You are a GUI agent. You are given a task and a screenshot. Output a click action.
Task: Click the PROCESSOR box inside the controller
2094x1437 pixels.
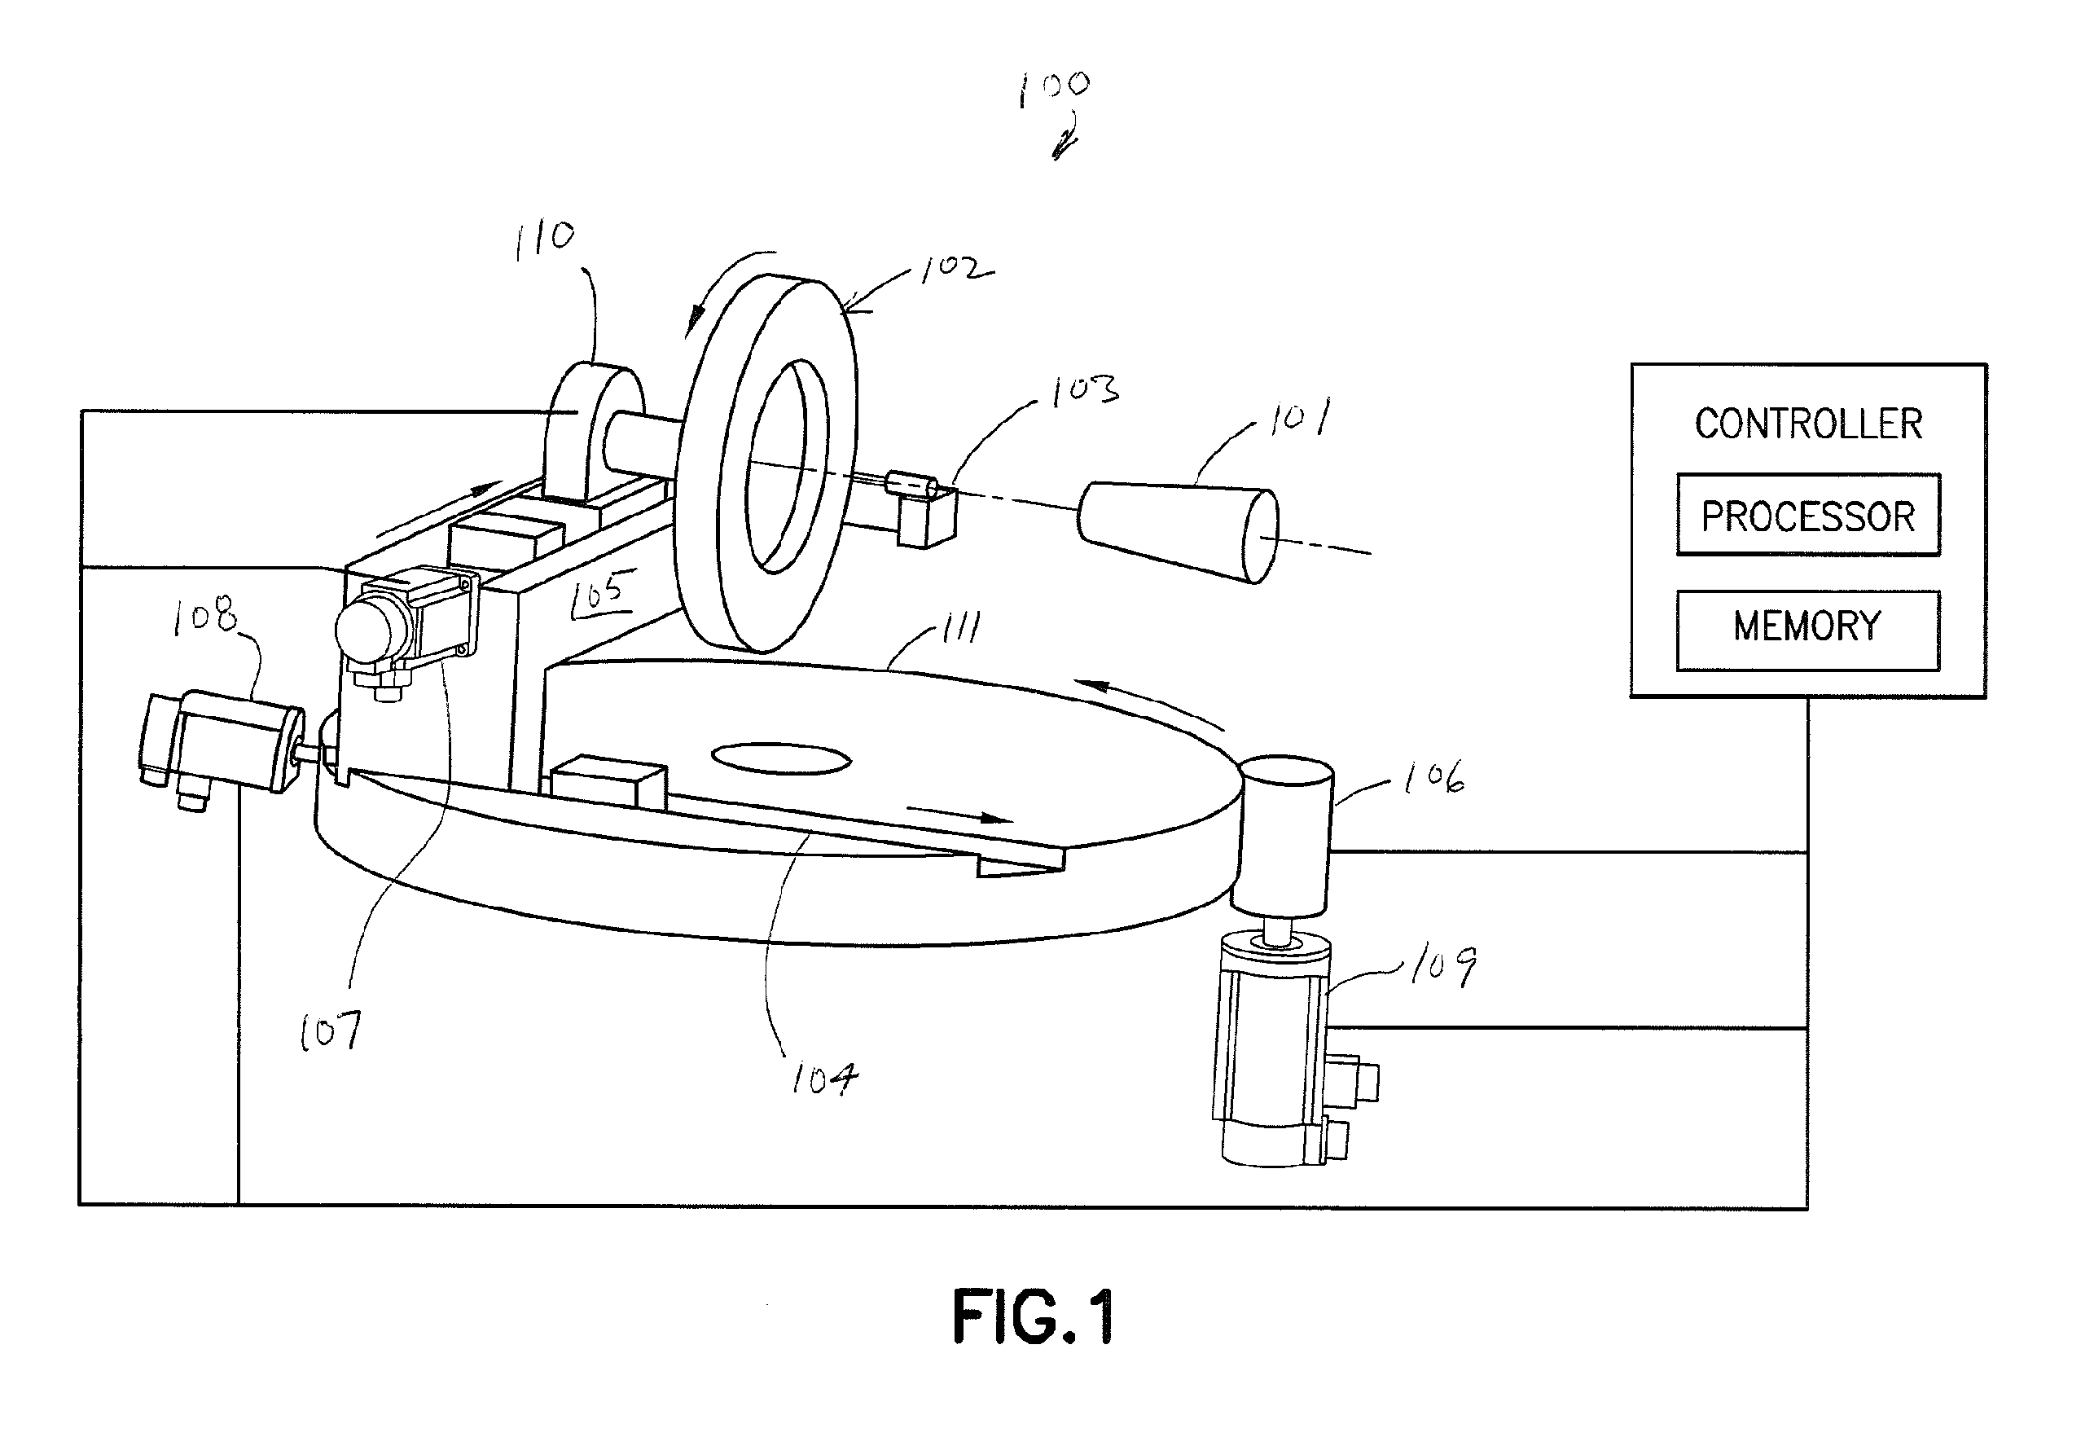[1807, 515]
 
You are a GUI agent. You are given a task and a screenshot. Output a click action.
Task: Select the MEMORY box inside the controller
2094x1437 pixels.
[1807, 630]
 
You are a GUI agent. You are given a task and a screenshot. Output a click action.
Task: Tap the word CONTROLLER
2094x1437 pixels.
[1808, 424]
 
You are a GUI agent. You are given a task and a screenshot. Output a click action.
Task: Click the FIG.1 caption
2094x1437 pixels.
[1034, 1316]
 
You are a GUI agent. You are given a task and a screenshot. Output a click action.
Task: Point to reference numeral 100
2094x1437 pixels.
[1054, 88]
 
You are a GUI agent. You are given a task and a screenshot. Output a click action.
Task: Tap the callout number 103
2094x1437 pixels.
[1085, 389]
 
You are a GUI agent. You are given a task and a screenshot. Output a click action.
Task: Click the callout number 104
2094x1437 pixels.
[824, 1078]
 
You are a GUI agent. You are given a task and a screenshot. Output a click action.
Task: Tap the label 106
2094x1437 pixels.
[1434, 776]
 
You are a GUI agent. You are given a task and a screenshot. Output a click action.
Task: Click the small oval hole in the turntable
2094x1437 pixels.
[781, 758]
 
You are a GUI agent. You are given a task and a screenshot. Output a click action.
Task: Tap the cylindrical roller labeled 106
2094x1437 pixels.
[1286, 835]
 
